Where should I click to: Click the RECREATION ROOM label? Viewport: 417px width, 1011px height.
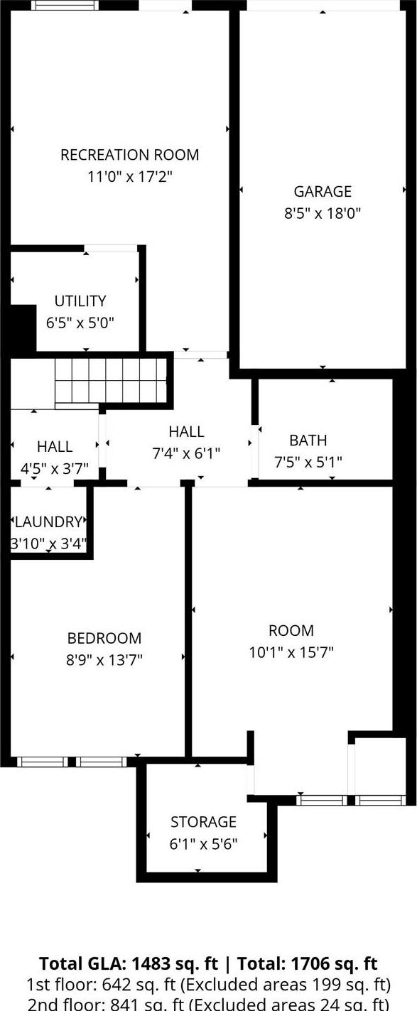130,154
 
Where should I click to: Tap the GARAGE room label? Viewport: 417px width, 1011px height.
323,191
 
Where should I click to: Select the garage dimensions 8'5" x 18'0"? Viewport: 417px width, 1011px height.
323,212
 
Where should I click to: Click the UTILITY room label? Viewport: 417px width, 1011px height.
80,301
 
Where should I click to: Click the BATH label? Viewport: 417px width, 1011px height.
308,440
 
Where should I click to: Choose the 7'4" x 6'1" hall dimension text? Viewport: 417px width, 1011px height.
186,453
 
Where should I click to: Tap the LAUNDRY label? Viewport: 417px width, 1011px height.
48,522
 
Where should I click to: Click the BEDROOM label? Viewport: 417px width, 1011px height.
104,638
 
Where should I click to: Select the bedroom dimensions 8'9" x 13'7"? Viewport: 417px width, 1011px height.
104,659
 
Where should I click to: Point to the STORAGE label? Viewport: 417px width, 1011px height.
203,822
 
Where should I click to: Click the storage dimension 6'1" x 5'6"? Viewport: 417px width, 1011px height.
203,843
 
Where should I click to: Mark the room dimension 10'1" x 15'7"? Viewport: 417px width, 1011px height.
291,652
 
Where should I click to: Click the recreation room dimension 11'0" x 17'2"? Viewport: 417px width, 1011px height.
130,175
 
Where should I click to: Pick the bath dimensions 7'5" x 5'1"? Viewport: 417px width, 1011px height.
308,462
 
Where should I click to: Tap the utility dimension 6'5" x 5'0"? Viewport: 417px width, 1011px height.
80,322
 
